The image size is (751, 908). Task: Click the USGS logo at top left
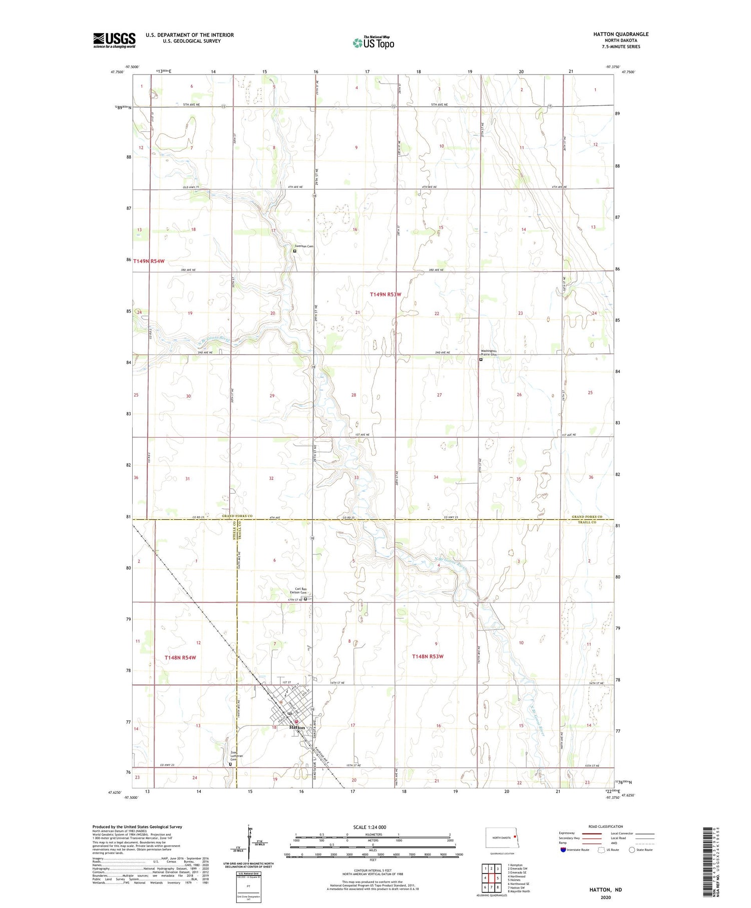click(114, 40)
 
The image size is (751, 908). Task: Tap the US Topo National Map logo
click(373, 43)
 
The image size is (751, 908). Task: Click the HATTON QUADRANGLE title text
click(620, 34)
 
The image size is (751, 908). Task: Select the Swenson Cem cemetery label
click(303, 246)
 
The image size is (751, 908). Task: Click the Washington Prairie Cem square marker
click(481, 359)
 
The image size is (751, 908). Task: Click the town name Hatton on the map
click(296, 727)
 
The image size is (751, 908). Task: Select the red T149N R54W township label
click(149, 261)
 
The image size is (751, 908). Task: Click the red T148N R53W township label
click(428, 656)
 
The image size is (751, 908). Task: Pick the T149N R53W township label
click(386, 294)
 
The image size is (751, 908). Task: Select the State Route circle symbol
click(632, 850)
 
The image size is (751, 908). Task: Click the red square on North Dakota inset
click(514, 835)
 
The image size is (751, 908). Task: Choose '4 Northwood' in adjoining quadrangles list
click(517, 876)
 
